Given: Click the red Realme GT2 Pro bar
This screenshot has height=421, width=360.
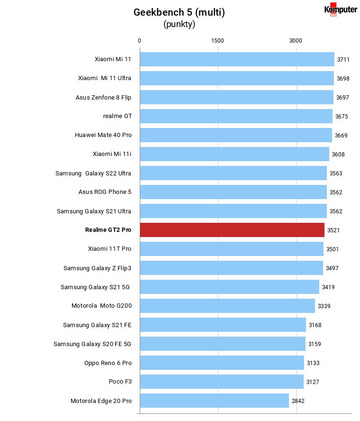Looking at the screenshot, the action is [232, 230].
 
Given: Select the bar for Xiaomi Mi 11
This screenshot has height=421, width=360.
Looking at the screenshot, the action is [237, 59].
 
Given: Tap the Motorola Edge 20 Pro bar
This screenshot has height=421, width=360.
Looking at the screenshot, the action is [214, 401].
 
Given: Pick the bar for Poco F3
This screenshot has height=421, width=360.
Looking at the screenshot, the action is [222, 382].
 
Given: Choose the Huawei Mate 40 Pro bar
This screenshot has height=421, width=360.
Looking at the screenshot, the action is [236, 135].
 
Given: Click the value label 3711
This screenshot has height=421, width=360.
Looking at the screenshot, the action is [343, 60].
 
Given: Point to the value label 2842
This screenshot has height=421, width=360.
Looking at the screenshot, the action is [298, 401].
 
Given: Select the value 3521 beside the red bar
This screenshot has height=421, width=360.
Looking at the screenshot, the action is [333, 230].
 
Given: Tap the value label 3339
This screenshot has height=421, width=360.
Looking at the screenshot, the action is [324, 306].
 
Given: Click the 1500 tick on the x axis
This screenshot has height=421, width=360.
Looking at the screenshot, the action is [217, 41].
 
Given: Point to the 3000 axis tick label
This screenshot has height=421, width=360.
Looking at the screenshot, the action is [296, 41].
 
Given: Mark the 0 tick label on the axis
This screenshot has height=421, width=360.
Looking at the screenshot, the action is [139, 41].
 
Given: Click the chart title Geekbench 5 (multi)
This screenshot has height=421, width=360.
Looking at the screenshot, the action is [179, 12].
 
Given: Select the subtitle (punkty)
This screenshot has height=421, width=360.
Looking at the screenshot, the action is [179, 24].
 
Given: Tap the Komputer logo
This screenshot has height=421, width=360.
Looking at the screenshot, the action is [341, 9].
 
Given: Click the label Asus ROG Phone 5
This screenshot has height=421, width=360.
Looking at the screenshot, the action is [105, 192].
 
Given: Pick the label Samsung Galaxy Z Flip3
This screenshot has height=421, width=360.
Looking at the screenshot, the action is [98, 268].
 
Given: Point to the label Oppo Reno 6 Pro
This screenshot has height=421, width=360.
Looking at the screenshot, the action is [108, 363].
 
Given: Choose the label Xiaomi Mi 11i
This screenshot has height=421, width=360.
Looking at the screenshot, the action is [112, 154].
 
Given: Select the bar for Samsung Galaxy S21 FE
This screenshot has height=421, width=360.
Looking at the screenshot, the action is [223, 325].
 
